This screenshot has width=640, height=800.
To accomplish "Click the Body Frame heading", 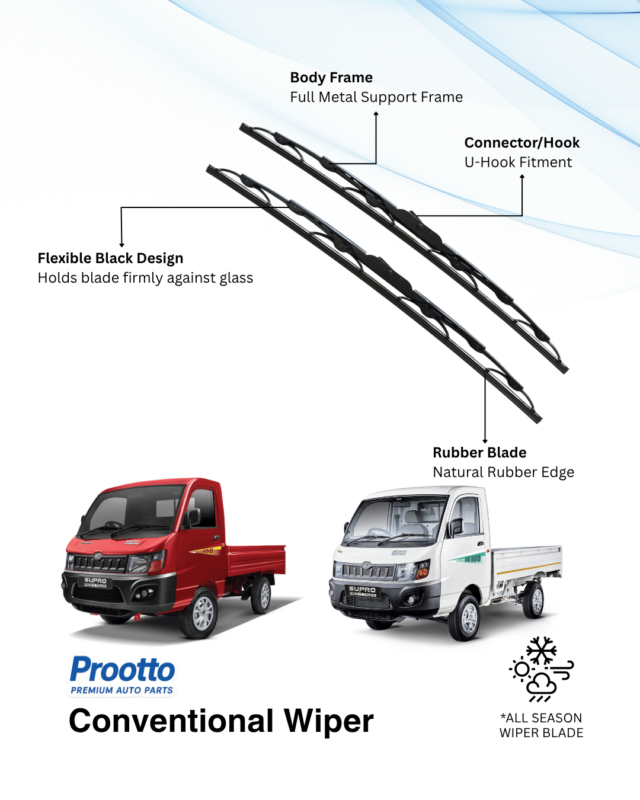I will pyautogui.click(x=331, y=78).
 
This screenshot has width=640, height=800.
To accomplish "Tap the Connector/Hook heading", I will pyautogui.click(x=521, y=143).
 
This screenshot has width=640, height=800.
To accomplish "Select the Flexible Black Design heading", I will pyautogui.click(x=110, y=258).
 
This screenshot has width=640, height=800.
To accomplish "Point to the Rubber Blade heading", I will pyautogui.click(x=479, y=453).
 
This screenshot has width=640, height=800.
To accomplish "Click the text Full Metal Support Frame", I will pyautogui.click(x=376, y=97).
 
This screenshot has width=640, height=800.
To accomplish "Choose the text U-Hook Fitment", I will pyautogui.click(x=518, y=162).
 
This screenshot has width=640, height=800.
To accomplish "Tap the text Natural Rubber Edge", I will pyautogui.click(x=503, y=472).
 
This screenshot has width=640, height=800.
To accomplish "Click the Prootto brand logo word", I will pyautogui.click(x=123, y=670).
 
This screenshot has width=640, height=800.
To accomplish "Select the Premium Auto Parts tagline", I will pyautogui.click(x=122, y=690).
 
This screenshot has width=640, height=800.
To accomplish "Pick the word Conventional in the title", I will pyautogui.click(x=171, y=721).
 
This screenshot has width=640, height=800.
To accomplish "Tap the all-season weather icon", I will pyautogui.click(x=541, y=670).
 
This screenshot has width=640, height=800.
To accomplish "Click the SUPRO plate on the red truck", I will pyautogui.click(x=95, y=581).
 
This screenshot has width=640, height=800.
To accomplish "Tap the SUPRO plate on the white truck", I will pyautogui.click(x=362, y=590).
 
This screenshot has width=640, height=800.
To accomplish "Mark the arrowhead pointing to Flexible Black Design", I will pyautogui.click(x=121, y=244).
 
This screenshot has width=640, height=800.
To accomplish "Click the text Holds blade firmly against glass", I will pyautogui.click(x=145, y=278).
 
